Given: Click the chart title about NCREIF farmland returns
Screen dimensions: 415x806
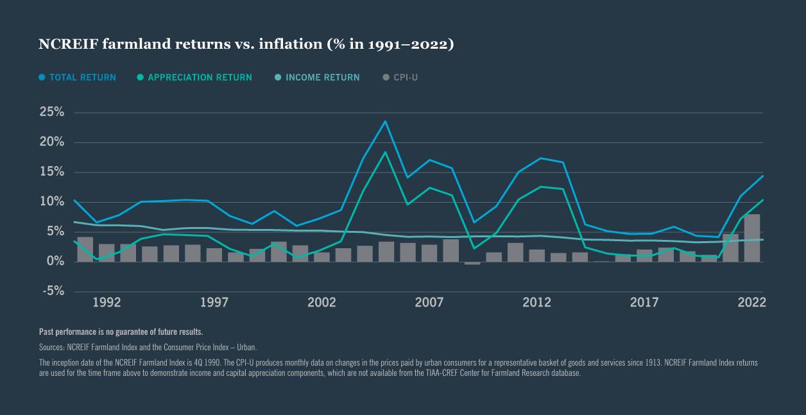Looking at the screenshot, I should (x=246, y=44).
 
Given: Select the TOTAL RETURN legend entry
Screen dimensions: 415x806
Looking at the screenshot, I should (x=82, y=78).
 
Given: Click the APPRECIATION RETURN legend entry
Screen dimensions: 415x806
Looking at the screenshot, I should (x=200, y=78).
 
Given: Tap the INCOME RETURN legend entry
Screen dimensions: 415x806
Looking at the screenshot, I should (x=322, y=78).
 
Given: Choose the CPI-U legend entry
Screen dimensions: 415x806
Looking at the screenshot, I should (x=406, y=78).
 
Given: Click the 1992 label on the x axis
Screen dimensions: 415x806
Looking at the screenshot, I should (x=107, y=303).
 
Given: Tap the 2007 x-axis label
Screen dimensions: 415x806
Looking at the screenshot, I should (x=429, y=303).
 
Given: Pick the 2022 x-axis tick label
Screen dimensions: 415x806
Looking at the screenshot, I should (x=751, y=303).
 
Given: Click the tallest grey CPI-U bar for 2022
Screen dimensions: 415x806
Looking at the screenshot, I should (x=751, y=238).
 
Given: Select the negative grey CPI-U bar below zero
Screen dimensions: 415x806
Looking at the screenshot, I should (x=472, y=263).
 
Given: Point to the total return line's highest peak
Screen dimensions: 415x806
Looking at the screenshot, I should (x=385, y=121).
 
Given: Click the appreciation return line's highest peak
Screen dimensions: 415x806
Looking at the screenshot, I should (x=385, y=153).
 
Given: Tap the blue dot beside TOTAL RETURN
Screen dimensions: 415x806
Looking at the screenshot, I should (x=42, y=78).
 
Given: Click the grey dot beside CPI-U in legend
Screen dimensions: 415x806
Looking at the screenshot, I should (x=386, y=78).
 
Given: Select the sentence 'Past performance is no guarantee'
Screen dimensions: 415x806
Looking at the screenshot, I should (x=121, y=332).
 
